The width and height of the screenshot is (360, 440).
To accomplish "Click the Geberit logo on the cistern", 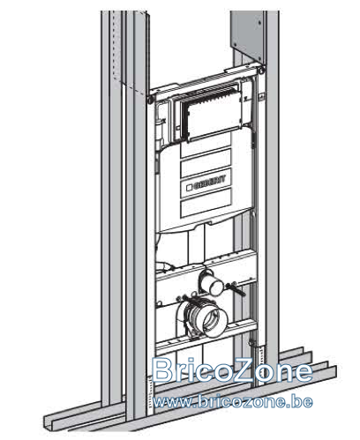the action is [206, 183].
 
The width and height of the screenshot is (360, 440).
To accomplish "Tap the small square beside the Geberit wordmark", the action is [190, 187].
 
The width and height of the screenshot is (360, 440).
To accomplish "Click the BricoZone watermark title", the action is [232, 370].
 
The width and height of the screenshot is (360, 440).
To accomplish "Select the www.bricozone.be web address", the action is [233, 401].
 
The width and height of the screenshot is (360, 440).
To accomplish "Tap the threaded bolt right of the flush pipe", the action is [236, 288].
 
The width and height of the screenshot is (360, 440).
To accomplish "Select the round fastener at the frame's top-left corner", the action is [151, 100].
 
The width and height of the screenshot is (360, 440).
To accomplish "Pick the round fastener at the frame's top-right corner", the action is [261, 71].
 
